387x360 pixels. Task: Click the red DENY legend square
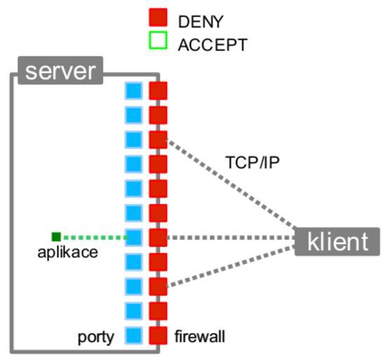[158, 18]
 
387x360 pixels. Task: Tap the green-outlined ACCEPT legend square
[158, 40]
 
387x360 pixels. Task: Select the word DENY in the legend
[201, 22]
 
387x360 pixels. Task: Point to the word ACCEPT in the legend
[213, 45]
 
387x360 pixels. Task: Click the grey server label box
[60, 70]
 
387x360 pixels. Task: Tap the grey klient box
[337, 241]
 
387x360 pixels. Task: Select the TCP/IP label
[252, 162]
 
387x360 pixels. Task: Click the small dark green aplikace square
[56, 237]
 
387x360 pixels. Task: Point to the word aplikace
[67, 252]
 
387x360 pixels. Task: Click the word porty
[96, 337]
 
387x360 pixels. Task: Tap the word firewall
[200, 336]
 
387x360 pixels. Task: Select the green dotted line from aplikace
[95, 238]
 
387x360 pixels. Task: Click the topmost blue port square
[133, 91]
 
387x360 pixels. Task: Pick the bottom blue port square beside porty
[133, 335]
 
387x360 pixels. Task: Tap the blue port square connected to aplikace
[133, 238]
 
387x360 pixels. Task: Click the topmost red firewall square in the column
[158, 91]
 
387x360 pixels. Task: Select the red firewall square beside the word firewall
[158, 335]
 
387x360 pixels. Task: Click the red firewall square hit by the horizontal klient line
[158, 238]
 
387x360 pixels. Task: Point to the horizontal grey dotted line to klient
[231, 238]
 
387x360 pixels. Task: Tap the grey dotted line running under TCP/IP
[232, 184]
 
